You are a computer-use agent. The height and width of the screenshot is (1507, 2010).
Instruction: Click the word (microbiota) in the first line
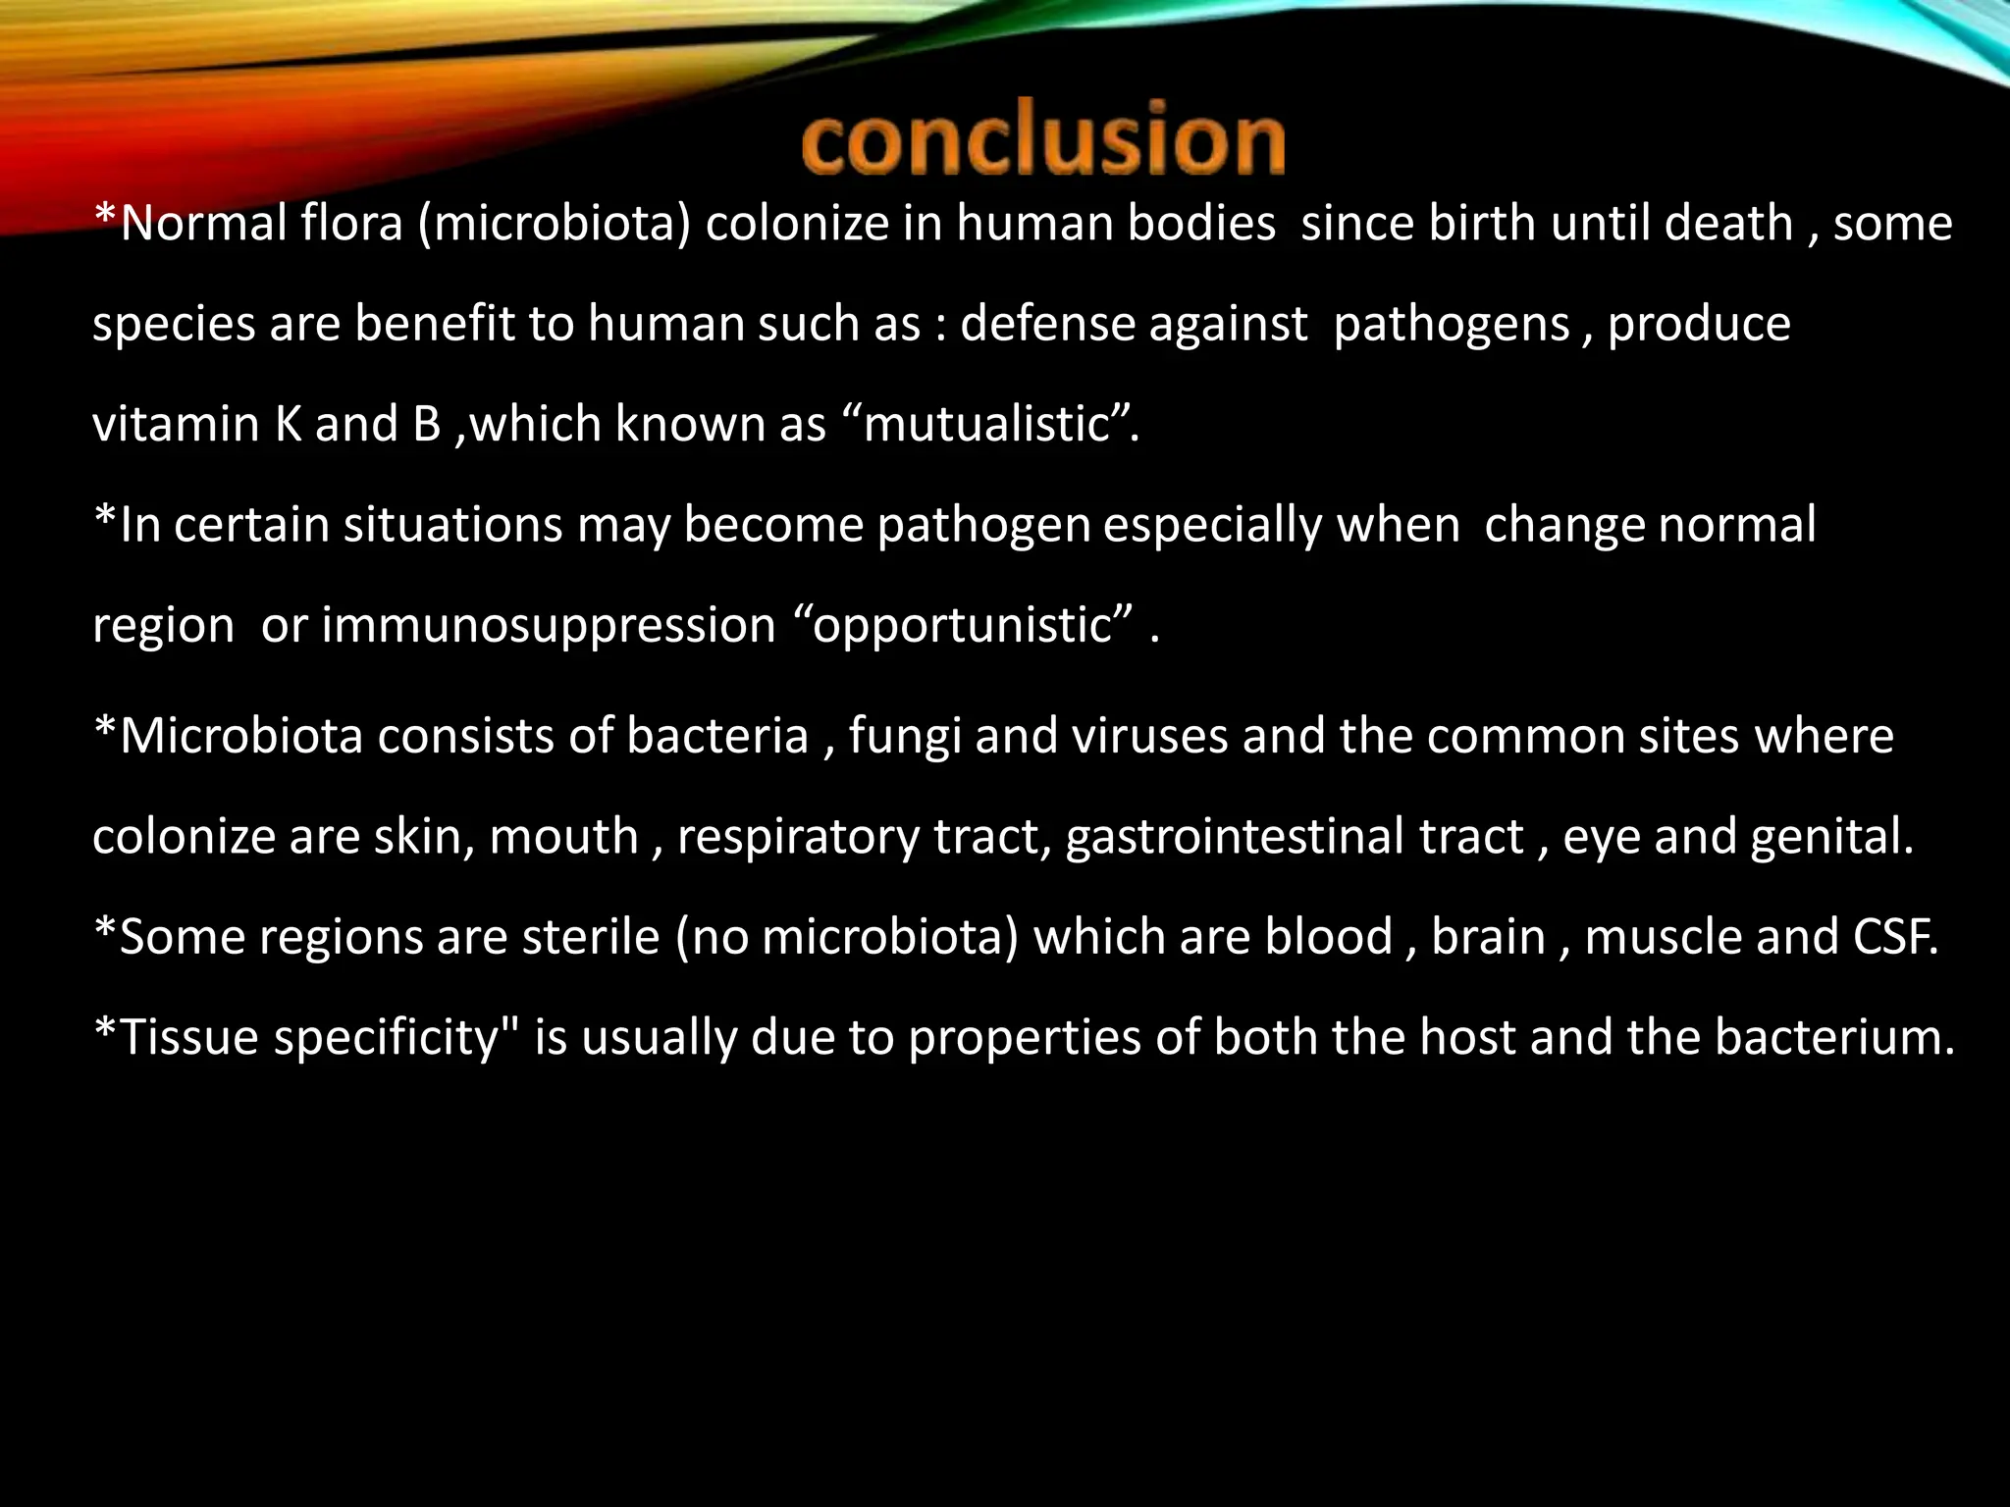click(x=555, y=224)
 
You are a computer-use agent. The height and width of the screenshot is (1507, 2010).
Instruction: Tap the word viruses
click(x=1149, y=737)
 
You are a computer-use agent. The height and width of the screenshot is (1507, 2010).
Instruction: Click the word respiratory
click(x=798, y=838)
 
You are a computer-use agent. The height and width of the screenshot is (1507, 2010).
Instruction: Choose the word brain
click(x=1488, y=937)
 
